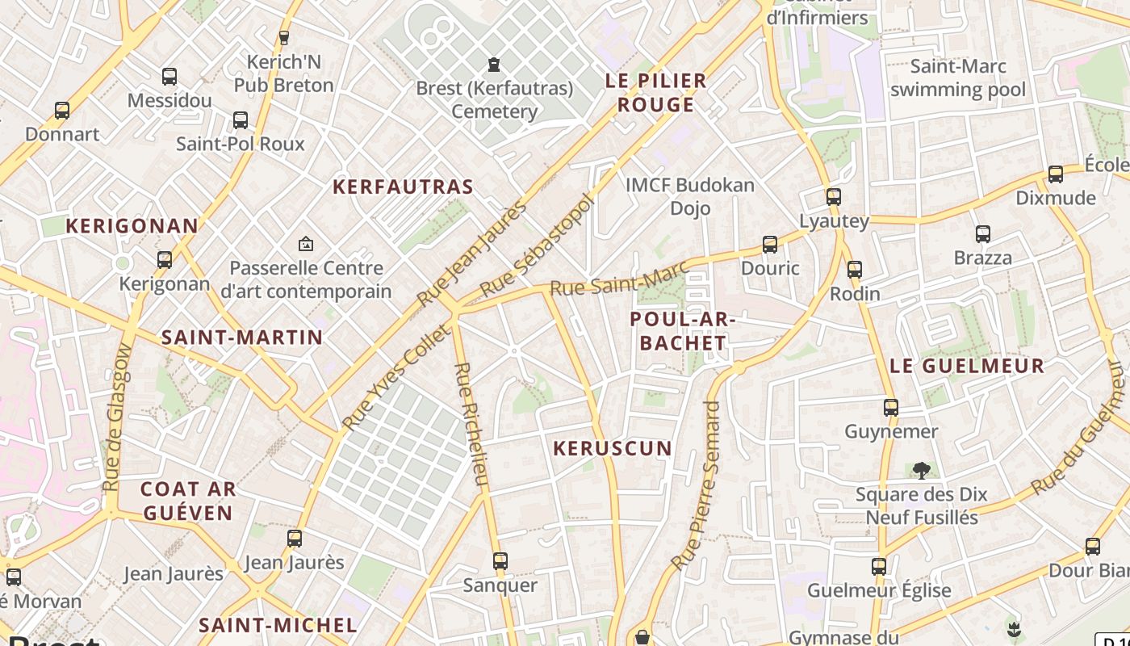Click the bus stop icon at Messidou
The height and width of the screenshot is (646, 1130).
click(x=169, y=77)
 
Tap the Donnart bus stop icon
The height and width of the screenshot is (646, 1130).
click(x=62, y=111)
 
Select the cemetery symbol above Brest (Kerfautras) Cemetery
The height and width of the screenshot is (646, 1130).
click(x=494, y=64)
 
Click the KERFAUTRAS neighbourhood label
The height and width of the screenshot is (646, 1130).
click(x=403, y=187)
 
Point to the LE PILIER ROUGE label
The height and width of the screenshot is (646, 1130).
click(x=656, y=93)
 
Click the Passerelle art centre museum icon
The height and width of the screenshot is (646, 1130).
click(x=306, y=243)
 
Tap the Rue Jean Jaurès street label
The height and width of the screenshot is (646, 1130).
click(x=471, y=253)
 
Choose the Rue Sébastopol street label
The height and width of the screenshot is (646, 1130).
click(x=537, y=245)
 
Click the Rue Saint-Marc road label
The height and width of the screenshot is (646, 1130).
click(x=619, y=276)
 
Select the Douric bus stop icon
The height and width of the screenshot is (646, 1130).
click(x=770, y=245)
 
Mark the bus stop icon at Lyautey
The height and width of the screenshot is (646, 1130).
click(x=834, y=197)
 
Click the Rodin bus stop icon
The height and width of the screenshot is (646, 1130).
click(x=855, y=270)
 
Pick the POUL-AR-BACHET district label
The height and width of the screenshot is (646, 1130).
click(x=682, y=331)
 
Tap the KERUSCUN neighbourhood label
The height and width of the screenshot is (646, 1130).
click(x=613, y=448)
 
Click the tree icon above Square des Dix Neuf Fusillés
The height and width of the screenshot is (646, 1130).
click(x=921, y=470)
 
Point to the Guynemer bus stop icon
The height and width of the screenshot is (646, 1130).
click(x=891, y=408)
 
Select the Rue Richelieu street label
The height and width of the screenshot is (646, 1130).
click(x=471, y=425)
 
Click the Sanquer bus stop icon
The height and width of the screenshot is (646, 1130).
click(x=500, y=561)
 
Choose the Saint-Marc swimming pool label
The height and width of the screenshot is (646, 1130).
click(x=957, y=78)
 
